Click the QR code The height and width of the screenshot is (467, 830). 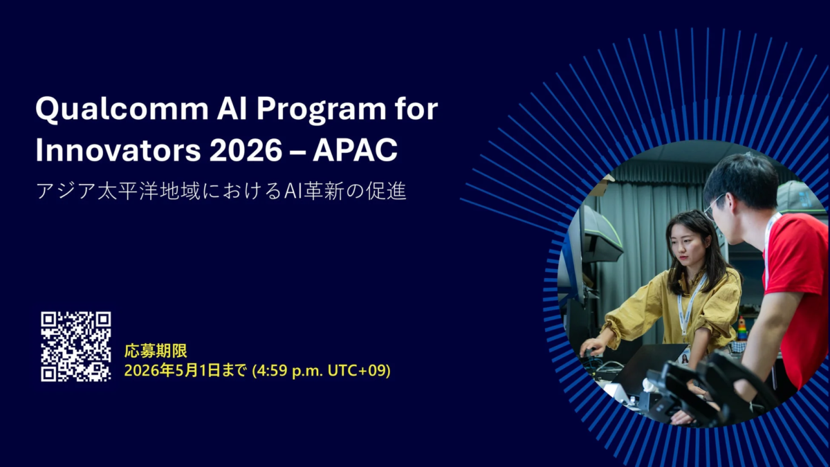click(75, 346)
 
